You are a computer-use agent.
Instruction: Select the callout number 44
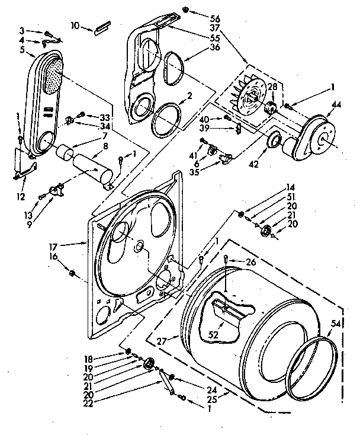pos(337,104)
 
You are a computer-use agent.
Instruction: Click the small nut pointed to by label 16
pos(72,273)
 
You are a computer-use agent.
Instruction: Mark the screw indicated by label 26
pos(227,259)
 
